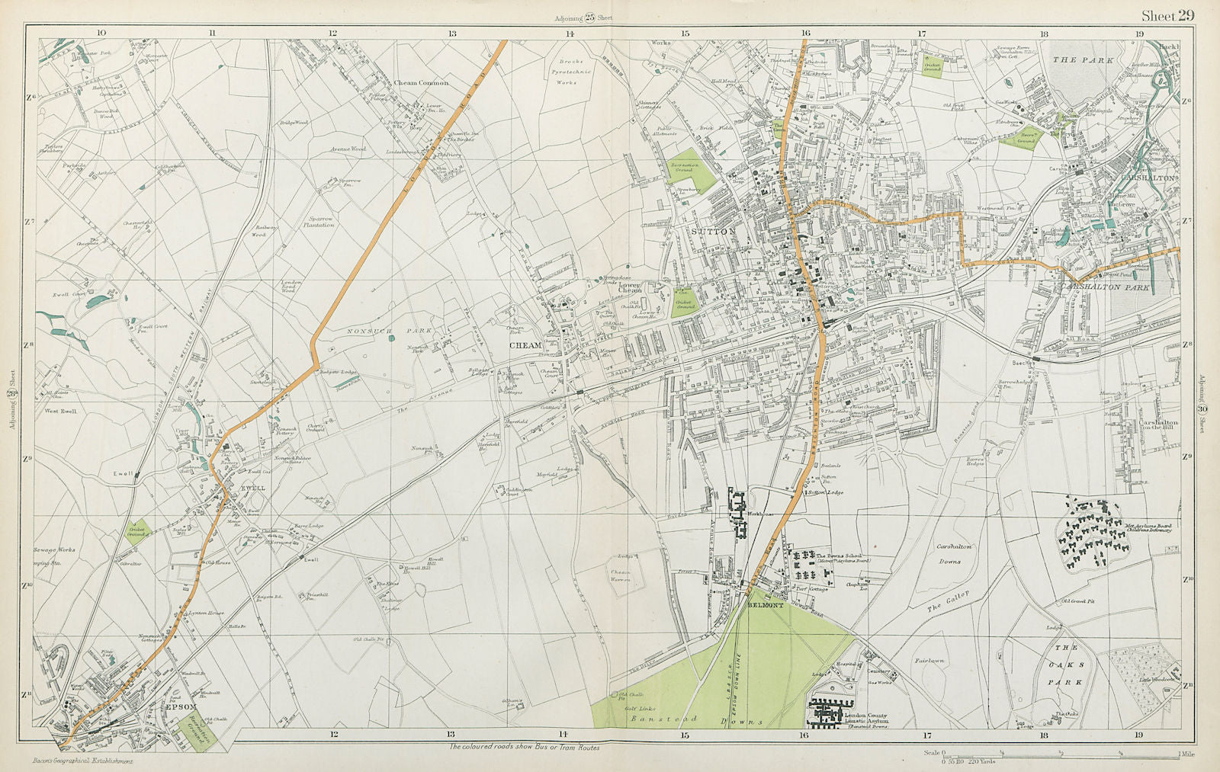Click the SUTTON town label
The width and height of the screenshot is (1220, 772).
[x=714, y=230]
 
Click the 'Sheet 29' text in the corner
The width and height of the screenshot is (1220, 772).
[x=1167, y=15]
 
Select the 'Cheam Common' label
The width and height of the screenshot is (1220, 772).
[x=422, y=82]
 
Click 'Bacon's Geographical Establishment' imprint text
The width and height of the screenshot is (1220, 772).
[x=84, y=761]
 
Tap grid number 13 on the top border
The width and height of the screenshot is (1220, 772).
[x=451, y=33]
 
